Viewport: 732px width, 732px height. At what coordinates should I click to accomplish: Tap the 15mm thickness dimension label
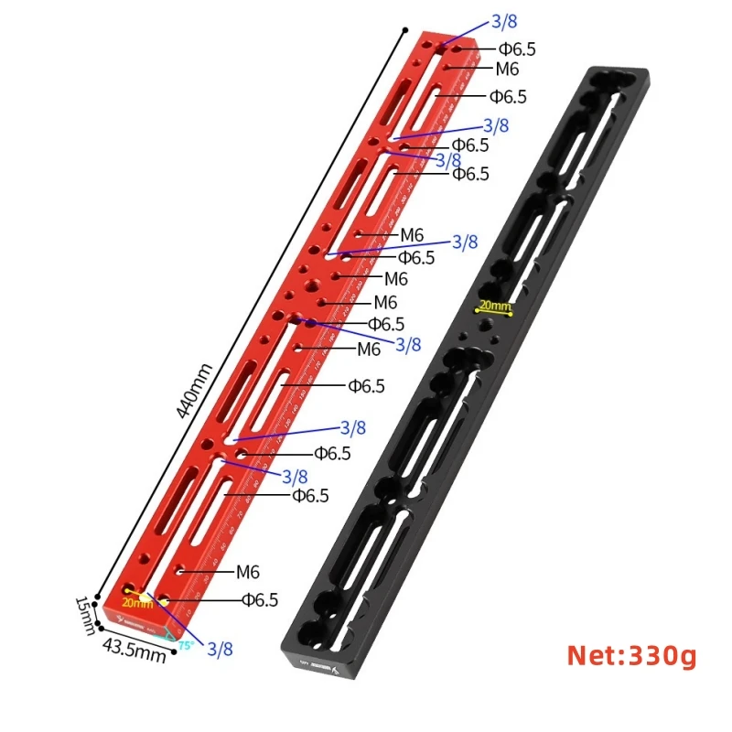coord(84,609)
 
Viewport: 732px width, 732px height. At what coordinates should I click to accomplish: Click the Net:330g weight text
coord(631,655)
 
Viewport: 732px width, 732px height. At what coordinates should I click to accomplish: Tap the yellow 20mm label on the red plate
coord(136,603)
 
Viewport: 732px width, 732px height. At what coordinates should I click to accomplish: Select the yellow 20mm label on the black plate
coord(495,305)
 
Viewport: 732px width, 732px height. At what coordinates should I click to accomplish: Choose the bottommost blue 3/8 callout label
coord(220,649)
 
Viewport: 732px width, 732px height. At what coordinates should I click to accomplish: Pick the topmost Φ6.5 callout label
coord(517,48)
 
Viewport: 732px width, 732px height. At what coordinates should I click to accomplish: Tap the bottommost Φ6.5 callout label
coord(260,600)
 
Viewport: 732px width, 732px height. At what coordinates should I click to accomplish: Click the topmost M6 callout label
coord(507,69)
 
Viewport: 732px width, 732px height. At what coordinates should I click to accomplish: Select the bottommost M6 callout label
coord(248,572)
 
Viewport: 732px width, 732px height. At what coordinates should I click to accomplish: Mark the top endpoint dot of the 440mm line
coord(404,32)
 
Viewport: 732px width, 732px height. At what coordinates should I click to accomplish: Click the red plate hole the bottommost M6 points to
coord(182,570)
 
